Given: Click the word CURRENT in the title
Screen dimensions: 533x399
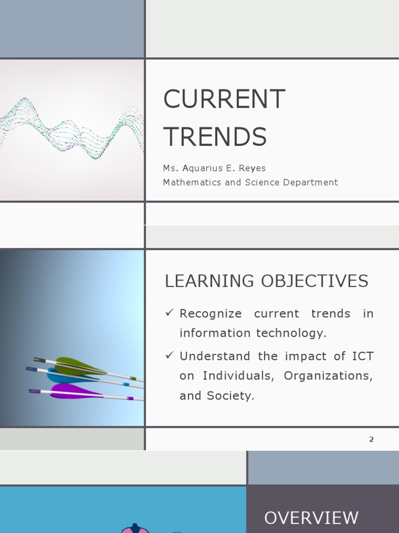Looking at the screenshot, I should pyautogui.click(x=224, y=99).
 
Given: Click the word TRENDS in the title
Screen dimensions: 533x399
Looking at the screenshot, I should pyautogui.click(x=215, y=137).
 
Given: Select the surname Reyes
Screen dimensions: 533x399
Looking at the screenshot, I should pyautogui.click(x=254, y=168).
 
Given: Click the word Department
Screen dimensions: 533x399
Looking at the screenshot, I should pyautogui.click(x=310, y=182).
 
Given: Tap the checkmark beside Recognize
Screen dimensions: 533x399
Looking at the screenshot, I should pyautogui.click(x=169, y=313).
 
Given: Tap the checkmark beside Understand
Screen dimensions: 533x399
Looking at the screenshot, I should pyautogui.click(x=169, y=356).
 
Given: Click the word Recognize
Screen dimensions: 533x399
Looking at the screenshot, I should pyautogui.click(x=210, y=314).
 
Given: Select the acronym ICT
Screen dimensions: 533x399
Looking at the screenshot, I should pyautogui.click(x=363, y=357).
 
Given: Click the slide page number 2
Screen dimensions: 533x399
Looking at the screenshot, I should pyautogui.click(x=371, y=439).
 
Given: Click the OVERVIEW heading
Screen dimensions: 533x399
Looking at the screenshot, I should pyautogui.click(x=311, y=518).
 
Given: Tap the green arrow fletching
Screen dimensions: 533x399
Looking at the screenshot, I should pyautogui.click(x=78, y=365).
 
